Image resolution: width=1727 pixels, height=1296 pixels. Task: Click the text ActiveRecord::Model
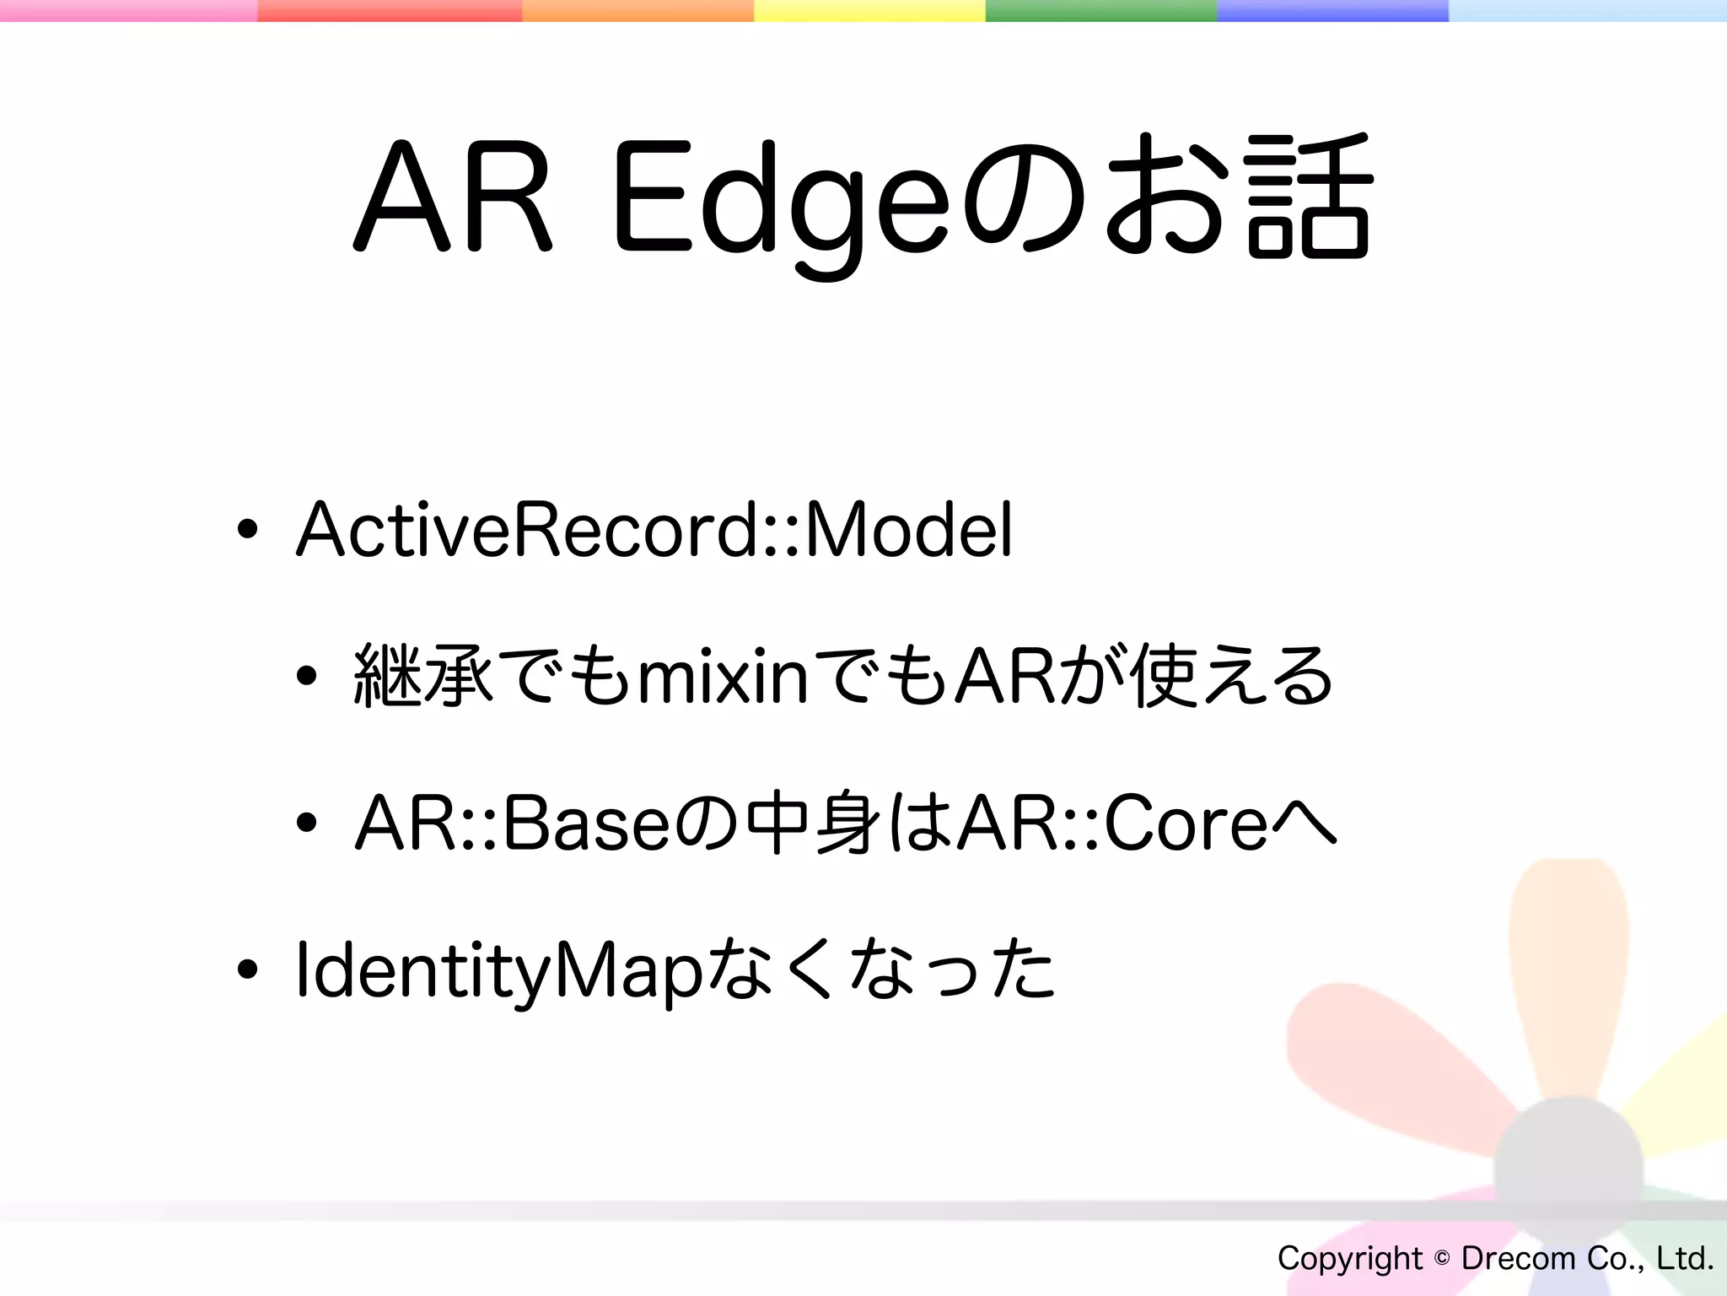pos(654,530)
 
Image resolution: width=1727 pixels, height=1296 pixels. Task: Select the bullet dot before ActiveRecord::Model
pos(247,531)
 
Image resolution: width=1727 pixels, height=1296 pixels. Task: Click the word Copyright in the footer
pos(1349,1259)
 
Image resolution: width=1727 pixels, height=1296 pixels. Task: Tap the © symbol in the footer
pos(1442,1259)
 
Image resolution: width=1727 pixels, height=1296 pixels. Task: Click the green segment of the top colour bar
pos(1100,10)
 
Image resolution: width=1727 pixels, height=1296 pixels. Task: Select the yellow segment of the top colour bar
pos(869,10)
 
